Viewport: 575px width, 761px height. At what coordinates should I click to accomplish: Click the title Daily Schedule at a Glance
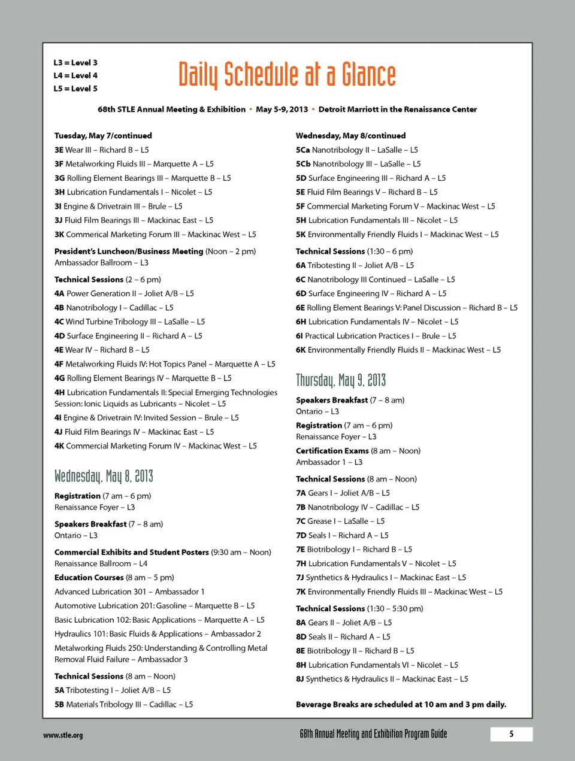287,75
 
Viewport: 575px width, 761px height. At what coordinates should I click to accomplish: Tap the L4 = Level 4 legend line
75,75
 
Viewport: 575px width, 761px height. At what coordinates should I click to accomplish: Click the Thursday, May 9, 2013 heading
341,380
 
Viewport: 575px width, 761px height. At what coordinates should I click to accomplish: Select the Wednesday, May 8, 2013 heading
104,476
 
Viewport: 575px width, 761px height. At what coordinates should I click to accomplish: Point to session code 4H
59,393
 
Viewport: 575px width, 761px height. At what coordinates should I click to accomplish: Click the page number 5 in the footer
511,734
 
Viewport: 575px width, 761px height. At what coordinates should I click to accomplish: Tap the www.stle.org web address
63,735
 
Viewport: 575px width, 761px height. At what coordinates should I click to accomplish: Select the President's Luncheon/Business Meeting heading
129,251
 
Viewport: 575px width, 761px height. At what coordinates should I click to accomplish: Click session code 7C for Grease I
301,522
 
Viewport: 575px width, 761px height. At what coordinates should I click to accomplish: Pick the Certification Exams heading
332,451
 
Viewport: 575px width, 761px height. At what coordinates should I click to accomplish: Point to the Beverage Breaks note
401,705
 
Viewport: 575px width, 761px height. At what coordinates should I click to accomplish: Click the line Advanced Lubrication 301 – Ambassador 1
129,592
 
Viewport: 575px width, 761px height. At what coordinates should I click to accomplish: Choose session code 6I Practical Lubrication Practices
299,336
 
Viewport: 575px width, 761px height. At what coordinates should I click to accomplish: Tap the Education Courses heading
89,578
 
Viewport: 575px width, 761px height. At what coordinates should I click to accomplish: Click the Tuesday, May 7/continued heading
103,136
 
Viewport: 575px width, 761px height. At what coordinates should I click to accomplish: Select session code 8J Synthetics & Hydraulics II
300,679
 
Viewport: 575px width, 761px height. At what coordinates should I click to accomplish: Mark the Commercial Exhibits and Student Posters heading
132,552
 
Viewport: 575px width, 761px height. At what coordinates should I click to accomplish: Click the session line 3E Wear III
102,150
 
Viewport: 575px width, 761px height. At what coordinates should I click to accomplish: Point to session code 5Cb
303,164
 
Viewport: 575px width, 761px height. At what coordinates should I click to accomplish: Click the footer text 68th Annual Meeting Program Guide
373,734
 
